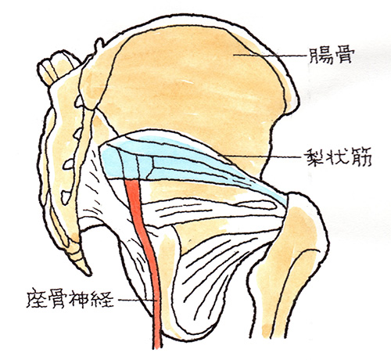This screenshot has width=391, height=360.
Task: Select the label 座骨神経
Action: point(70,298)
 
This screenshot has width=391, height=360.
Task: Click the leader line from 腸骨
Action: point(270,55)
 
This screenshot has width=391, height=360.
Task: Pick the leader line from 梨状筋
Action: point(260,157)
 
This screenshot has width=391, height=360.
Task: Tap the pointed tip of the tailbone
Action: point(89,274)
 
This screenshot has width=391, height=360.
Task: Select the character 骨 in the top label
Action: point(344,56)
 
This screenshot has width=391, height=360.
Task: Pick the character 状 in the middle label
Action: point(339,157)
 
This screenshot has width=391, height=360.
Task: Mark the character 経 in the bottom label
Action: point(103,298)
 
